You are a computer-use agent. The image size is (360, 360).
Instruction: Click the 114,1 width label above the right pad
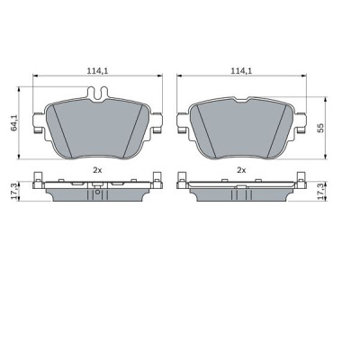(x=240, y=69)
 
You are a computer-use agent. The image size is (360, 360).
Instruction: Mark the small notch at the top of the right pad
(x=242, y=96)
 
